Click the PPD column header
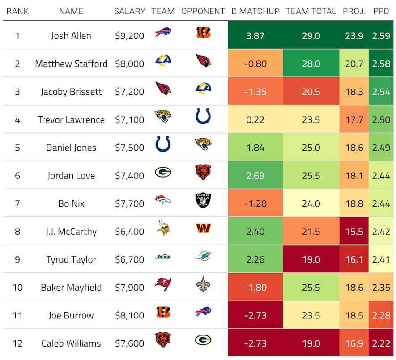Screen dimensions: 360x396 (x=381, y=11)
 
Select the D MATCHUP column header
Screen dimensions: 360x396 (x=255, y=11)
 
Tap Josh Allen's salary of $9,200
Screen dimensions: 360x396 (x=129, y=36)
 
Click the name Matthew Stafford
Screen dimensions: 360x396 (x=71, y=64)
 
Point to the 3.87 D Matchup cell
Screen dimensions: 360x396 (x=255, y=36)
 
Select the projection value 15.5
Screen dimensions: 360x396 (x=354, y=232)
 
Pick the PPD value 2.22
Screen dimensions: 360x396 (x=381, y=343)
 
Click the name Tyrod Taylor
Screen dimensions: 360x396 (x=71, y=259)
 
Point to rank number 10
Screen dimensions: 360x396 (x=17, y=288)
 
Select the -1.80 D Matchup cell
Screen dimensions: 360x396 (x=255, y=288)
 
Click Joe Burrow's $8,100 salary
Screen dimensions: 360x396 (x=129, y=315)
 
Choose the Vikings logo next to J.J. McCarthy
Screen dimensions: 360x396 (x=163, y=228)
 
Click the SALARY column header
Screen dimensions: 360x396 (x=129, y=11)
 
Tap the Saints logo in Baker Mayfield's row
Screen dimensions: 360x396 (x=203, y=284)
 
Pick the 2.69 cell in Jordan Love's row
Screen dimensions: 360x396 (x=255, y=175)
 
